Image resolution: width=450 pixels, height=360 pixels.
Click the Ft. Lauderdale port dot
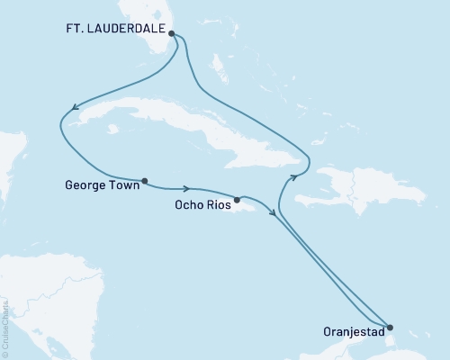[x=172, y=34]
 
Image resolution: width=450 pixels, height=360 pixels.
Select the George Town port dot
[x=143, y=179]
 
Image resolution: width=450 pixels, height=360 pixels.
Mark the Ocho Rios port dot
[x=237, y=200]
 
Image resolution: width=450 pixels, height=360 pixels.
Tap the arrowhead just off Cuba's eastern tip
[x=292, y=178]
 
